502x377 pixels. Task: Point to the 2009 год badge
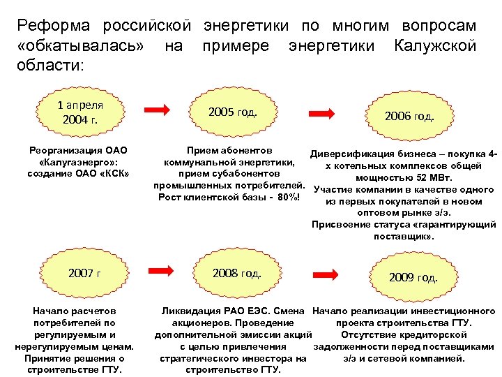tap(413, 277)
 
